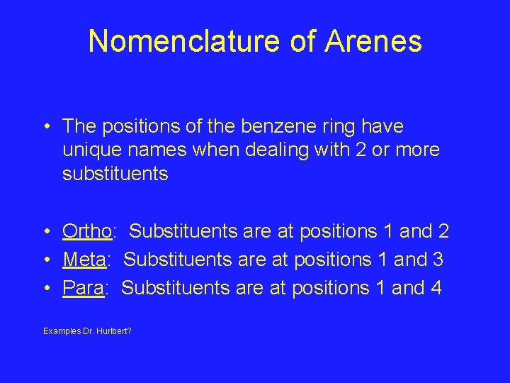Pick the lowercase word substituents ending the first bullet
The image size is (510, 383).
[x=115, y=174]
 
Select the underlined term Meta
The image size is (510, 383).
[x=84, y=260]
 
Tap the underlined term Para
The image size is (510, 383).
[x=83, y=288]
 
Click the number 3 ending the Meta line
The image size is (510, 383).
[x=437, y=260]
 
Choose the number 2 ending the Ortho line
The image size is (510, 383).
[x=443, y=231]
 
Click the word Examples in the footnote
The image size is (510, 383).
[x=62, y=331]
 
